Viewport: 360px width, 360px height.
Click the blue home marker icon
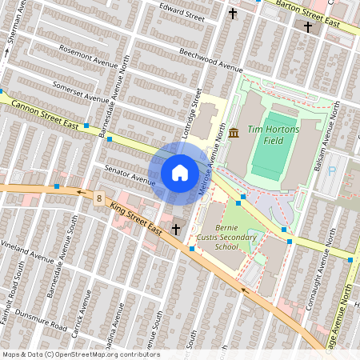(179, 172)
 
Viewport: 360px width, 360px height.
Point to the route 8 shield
(98, 197)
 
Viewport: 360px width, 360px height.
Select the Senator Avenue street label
(128, 175)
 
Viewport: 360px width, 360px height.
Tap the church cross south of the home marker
(174, 229)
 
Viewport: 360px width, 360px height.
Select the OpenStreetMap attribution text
(80, 354)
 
